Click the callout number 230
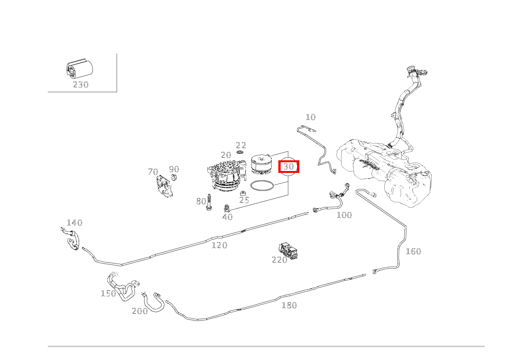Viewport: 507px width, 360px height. (80, 85)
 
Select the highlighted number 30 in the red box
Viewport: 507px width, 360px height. (289, 167)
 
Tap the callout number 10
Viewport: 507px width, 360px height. (310, 117)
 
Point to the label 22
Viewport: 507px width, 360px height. (241, 145)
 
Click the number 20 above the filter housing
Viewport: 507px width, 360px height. (226, 155)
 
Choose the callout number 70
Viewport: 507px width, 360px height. (153, 172)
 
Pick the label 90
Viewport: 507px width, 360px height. (174, 169)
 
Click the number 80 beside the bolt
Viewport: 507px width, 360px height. (201, 201)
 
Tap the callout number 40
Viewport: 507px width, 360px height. (227, 217)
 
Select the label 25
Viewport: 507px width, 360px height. (244, 200)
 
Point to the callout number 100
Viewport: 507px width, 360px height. (344, 215)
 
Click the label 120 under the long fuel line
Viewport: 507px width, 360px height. (219, 245)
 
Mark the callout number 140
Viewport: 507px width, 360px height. (75, 223)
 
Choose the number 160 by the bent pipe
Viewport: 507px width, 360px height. (413, 251)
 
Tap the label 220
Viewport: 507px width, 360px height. (279, 260)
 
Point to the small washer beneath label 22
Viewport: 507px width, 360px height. (240, 152)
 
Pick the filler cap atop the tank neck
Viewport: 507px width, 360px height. (411, 70)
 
